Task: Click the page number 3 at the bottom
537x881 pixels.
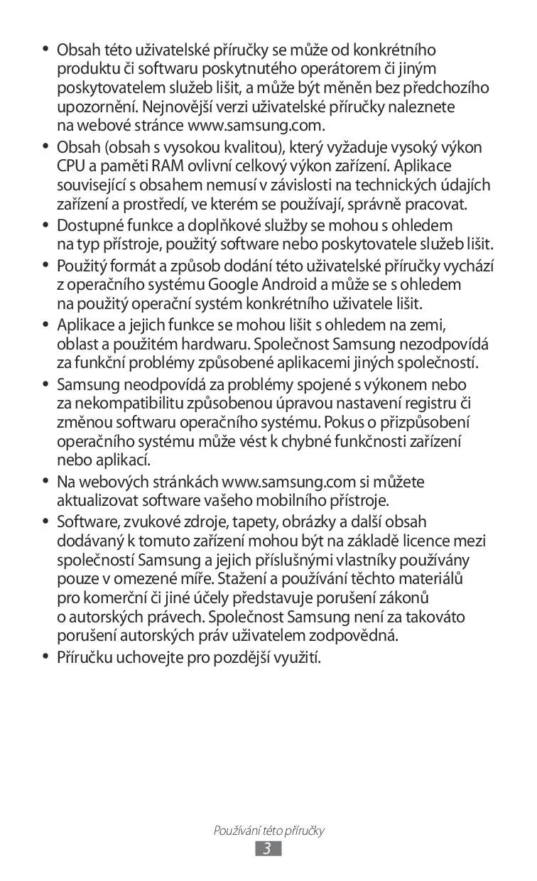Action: pos(268,849)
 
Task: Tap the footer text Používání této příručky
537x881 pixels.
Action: pos(268,831)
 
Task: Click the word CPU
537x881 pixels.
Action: pos(71,167)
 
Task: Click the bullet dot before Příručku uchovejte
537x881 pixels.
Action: pos(45,657)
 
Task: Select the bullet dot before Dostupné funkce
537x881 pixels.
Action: pos(45,226)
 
